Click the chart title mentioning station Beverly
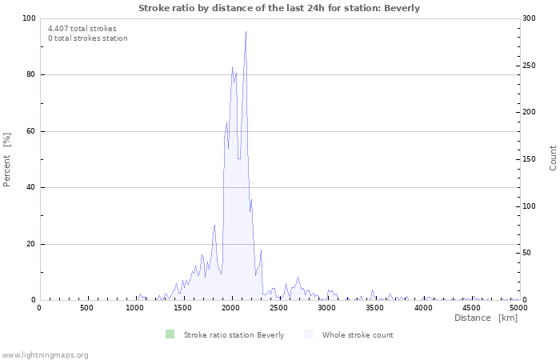coord(279,8)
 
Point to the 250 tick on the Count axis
coord(530,66)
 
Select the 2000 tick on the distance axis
coord(230,307)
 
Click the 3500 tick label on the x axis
coord(374,307)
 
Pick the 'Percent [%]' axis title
coord(7,159)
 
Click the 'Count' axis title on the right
coord(553,158)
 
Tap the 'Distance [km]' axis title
coord(486,318)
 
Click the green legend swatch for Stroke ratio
coord(169,334)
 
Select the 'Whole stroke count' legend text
coord(358,335)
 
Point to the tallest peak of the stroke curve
coord(246,32)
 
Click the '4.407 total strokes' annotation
coord(82,29)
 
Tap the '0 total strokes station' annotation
coord(88,38)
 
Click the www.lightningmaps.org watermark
coord(46,354)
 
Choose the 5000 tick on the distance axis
coord(518,307)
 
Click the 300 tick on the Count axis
coord(530,18)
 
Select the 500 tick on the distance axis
coord(86,307)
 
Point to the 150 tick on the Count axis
coord(530,159)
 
